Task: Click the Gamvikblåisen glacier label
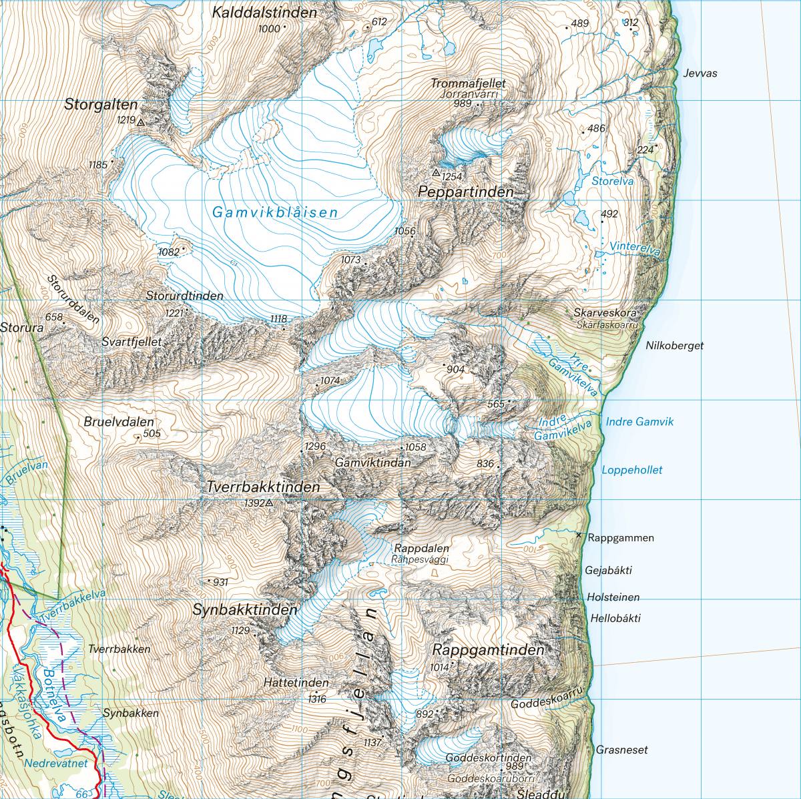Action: [275, 213]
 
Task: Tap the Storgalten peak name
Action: [101, 105]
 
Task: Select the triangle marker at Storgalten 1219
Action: [141, 123]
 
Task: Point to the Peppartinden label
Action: [466, 192]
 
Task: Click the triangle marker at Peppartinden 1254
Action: [436, 173]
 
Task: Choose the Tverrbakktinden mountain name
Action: [264, 487]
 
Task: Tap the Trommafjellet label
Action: [468, 83]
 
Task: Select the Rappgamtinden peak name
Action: [488, 649]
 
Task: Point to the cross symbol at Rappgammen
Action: [579, 535]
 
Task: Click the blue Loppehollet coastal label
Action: [632, 470]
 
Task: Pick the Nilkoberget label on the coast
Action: [674, 346]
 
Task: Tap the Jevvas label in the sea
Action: [700, 73]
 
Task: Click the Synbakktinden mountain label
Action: [244, 609]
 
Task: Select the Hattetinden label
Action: [296, 683]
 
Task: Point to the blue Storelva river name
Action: [612, 181]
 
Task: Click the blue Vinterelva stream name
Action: [634, 250]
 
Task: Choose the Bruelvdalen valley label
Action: [119, 422]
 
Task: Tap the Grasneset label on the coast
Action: [621, 750]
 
